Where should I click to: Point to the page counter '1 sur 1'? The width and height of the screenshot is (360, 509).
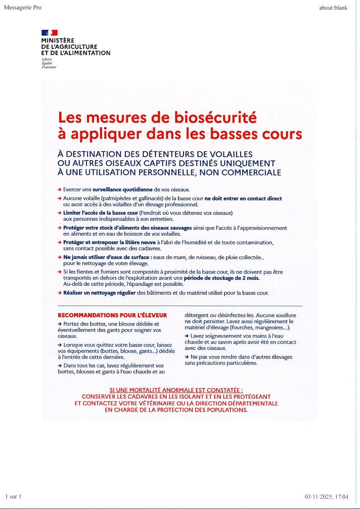14,497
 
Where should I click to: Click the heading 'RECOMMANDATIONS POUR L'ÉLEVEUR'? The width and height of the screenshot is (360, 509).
112,315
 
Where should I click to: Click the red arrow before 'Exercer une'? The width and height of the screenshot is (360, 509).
60,189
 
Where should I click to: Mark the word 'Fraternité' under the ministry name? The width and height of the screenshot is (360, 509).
49,67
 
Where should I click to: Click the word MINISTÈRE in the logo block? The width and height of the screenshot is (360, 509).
58,40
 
